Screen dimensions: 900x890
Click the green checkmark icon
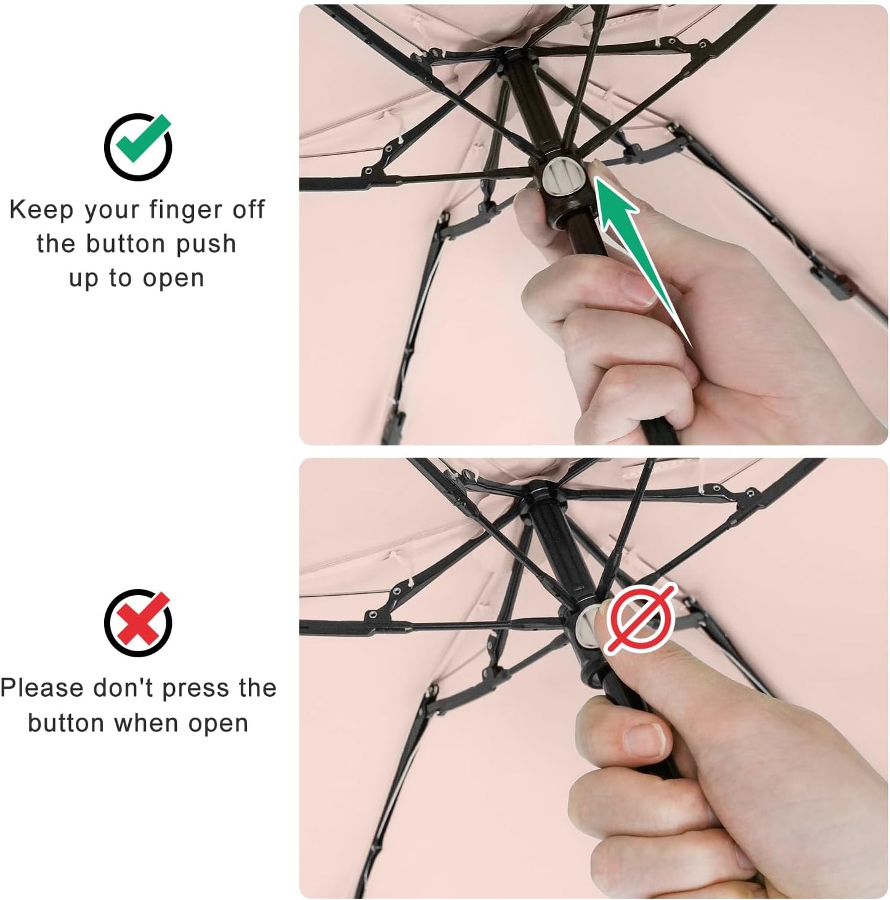click(138, 146)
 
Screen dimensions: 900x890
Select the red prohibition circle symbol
click(641, 618)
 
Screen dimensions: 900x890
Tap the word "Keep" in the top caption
click(41, 210)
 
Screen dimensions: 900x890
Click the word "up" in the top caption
click(84, 278)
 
